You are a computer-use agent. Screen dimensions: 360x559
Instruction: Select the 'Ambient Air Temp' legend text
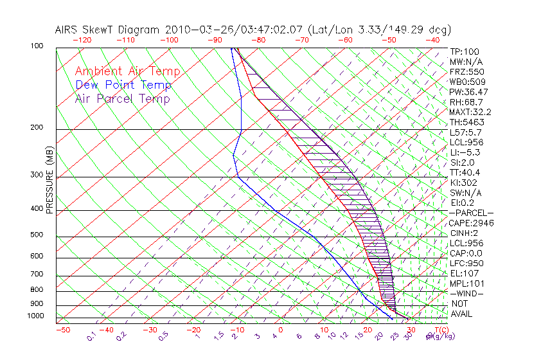click(127, 71)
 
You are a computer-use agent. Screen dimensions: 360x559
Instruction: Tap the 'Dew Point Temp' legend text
click(123, 85)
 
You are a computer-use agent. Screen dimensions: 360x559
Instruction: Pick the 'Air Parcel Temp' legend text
click(123, 98)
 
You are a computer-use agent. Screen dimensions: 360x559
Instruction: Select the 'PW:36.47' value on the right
click(469, 92)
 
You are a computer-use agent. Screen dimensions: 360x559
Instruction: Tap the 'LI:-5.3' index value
click(466, 152)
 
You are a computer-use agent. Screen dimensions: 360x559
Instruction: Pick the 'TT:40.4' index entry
click(465, 172)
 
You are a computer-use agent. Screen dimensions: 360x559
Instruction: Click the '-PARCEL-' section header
click(471, 213)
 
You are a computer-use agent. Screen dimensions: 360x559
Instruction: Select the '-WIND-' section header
click(466, 293)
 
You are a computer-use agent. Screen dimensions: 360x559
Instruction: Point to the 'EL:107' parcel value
click(464, 273)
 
